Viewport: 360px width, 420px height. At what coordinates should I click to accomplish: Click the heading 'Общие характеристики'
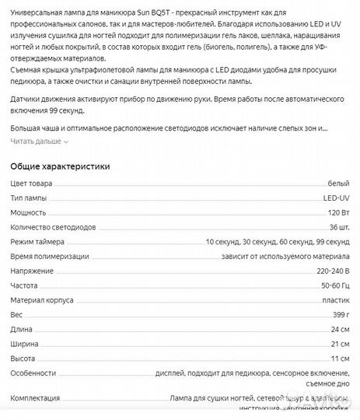point(60,166)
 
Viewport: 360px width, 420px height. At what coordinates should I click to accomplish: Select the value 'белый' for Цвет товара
point(338,184)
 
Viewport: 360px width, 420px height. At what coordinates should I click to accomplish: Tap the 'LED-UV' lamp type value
point(336,198)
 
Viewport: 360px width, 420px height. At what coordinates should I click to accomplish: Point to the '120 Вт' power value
point(337,212)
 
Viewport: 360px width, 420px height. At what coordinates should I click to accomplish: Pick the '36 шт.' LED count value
point(339,227)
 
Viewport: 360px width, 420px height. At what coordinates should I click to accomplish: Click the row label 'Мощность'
point(28,212)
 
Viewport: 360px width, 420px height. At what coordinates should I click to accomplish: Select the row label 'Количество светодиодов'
point(53,227)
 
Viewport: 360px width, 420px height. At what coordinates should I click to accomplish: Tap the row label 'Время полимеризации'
point(49,256)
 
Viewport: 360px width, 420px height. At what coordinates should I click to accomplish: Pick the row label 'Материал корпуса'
point(42,299)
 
